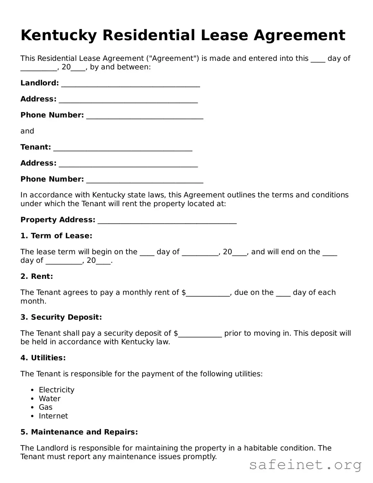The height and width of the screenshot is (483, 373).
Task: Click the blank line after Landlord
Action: tap(130, 84)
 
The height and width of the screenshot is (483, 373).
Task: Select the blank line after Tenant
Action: tap(123, 148)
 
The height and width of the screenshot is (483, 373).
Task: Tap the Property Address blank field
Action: tap(167, 221)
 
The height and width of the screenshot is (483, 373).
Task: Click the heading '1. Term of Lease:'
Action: tap(56, 236)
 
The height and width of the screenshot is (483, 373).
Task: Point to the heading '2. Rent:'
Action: tap(37, 276)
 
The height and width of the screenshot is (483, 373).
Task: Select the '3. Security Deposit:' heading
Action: tap(61, 317)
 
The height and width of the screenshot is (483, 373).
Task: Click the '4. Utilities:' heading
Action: tap(43, 358)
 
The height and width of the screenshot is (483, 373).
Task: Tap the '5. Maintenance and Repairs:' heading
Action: tap(79, 432)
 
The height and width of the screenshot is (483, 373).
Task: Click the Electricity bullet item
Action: tap(56, 390)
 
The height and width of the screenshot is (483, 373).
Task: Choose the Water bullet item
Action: tap(50, 398)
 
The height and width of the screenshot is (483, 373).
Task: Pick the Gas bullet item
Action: tap(46, 407)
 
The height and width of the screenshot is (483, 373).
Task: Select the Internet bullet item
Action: tap(53, 416)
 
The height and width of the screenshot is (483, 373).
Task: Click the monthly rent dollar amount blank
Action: tap(208, 293)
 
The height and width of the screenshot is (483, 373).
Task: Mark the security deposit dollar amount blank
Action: tap(200, 334)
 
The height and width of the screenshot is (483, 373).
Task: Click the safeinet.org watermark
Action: tap(305, 465)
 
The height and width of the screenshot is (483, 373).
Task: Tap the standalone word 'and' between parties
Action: tap(27, 131)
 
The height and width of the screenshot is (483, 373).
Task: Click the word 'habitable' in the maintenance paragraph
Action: tap(261, 448)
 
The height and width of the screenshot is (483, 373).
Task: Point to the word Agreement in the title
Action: tap(300, 36)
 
